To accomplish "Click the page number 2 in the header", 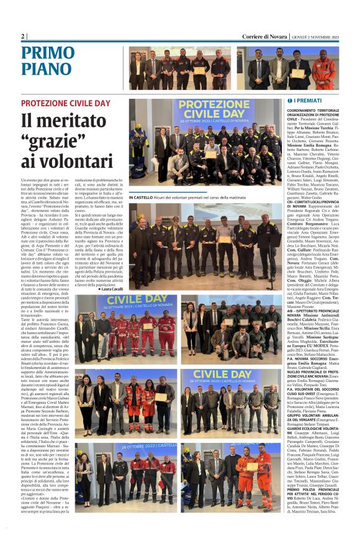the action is (x=23, y=37).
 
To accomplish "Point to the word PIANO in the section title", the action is (x=45, y=71).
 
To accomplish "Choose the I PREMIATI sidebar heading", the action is (x=290, y=100).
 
